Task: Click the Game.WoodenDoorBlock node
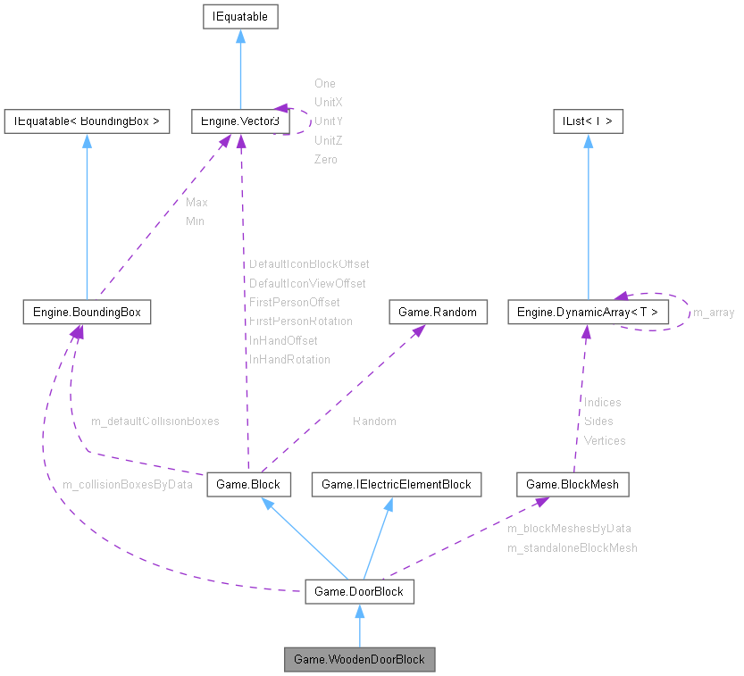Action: point(359,660)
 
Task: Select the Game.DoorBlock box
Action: point(359,591)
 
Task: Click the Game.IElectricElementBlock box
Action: point(396,484)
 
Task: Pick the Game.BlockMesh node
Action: point(573,484)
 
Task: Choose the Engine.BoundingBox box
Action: point(87,312)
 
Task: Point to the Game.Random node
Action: point(439,312)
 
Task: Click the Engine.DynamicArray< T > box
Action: point(587,312)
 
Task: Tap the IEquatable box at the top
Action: point(239,16)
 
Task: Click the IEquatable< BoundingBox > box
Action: point(87,121)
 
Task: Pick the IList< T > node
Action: point(587,121)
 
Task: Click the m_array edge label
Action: point(714,313)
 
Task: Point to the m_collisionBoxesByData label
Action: point(127,484)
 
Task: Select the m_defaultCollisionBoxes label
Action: point(155,420)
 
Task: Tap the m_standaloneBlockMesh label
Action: point(573,547)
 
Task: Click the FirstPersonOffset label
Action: point(294,302)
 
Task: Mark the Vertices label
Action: point(605,440)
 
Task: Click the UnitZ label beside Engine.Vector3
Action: point(329,140)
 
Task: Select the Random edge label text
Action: point(374,421)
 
